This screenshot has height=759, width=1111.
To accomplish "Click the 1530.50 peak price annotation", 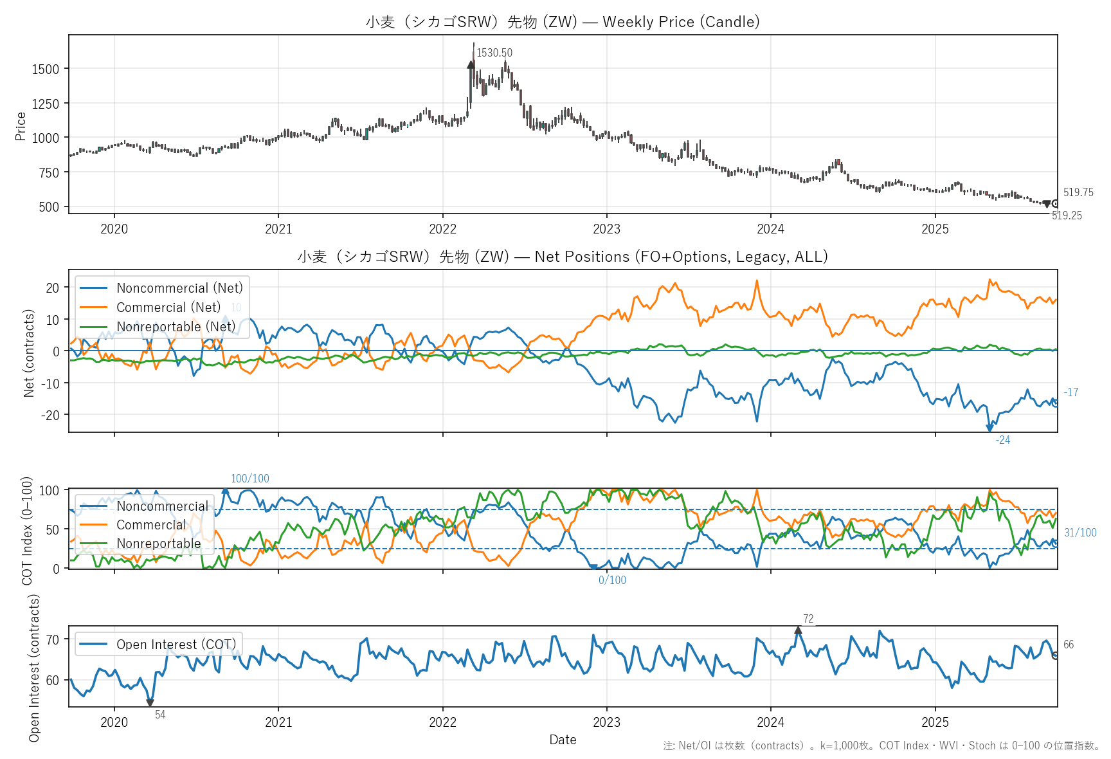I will click(494, 53).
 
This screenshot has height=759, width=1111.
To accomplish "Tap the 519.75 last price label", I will click(1078, 192).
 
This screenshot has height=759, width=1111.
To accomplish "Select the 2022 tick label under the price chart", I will click(442, 229).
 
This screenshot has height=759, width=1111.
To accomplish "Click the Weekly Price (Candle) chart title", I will click(563, 22).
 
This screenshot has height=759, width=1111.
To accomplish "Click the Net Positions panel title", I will click(563, 257).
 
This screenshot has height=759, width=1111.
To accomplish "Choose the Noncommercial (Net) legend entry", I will click(179, 288).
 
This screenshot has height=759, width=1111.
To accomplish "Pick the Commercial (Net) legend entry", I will click(168, 307).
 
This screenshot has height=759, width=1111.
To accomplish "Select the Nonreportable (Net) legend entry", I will click(176, 327).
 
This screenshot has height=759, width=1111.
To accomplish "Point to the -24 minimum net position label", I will click(1002, 440).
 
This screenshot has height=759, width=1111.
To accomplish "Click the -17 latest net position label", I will click(1070, 392).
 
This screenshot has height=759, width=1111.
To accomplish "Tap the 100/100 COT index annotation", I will click(250, 479).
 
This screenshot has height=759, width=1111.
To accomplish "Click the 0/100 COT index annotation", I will click(612, 580).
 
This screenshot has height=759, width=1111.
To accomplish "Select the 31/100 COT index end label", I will click(1080, 533).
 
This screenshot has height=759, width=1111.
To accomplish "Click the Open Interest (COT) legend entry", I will click(176, 645).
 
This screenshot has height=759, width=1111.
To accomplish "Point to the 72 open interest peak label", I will click(808, 619).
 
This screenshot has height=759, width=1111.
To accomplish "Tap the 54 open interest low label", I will click(160, 715).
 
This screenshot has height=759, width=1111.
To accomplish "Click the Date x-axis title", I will click(563, 740).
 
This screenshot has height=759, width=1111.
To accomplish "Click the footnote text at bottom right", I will click(881, 746).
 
